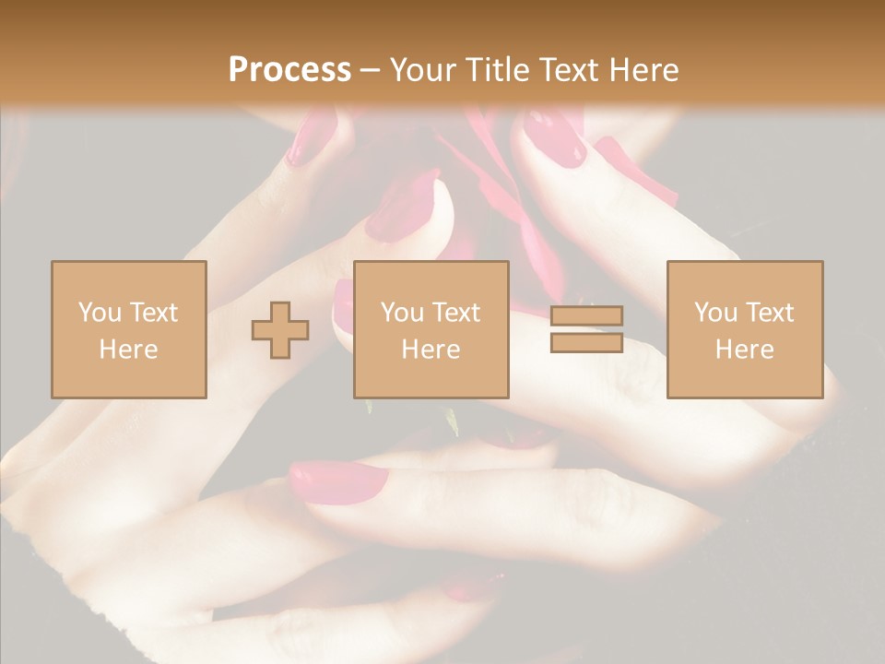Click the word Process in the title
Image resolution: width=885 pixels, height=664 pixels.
coord(289,69)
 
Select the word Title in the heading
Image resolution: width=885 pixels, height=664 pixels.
coord(501,69)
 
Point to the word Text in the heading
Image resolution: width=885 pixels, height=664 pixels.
coord(569,69)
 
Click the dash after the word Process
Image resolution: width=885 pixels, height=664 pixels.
coord(371,71)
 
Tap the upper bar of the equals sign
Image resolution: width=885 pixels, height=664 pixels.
coord(586,316)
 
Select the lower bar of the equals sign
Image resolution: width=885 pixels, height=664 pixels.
coord(586,342)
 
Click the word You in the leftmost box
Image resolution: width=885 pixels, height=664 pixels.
coord(100,313)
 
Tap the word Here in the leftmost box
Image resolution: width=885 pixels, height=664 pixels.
coord(129,349)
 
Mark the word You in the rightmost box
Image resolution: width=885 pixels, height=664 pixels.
coord(715,313)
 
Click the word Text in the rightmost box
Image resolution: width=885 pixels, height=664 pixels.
coord(770,313)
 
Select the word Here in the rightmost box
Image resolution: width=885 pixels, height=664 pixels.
coord(745,349)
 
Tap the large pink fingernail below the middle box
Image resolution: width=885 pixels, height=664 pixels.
coord(338,480)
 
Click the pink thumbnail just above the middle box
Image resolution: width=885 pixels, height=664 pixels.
coord(403,207)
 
